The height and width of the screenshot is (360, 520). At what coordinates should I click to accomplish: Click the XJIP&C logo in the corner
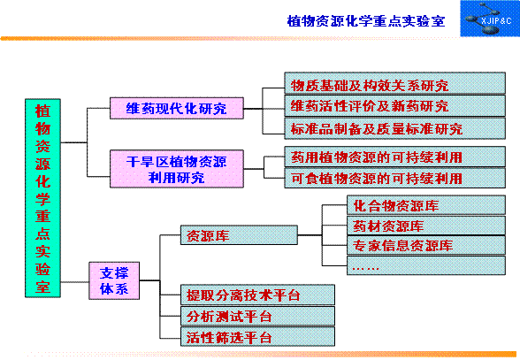[490, 19]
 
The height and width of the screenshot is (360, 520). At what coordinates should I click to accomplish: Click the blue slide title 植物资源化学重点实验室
[366, 21]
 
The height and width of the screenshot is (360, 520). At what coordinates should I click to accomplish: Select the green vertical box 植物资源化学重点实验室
[42, 198]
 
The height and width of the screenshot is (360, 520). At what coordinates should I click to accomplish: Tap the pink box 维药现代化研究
[177, 108]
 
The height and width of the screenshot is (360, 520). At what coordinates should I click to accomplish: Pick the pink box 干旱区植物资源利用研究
[177, 169]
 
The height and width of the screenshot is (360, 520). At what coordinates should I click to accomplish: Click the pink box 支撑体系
[114, 280]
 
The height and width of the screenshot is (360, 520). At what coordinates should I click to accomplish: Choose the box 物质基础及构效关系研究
[395, 83]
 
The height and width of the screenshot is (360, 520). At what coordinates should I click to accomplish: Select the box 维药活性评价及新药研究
[395, 105]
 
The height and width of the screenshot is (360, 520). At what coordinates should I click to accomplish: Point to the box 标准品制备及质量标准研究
[395, 128]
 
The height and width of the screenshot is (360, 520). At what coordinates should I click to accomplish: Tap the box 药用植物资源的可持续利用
[395, 157]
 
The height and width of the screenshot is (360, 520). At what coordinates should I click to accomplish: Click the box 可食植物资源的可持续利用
[395, 178]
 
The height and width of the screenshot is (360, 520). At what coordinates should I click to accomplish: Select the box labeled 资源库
[239, 235]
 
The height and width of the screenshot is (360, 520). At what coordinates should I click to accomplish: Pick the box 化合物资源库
[426, 205]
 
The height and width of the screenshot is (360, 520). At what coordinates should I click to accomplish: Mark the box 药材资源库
[426, 226]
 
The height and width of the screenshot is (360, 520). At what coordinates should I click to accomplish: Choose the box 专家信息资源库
[426, 246]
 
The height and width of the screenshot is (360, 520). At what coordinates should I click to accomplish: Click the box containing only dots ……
[426, 265]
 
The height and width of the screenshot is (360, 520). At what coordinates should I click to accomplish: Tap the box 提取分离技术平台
[257, 295]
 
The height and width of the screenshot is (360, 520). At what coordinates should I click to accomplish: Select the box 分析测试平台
[257, 316]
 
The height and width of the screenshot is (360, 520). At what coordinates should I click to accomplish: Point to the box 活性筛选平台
[257, 336]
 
